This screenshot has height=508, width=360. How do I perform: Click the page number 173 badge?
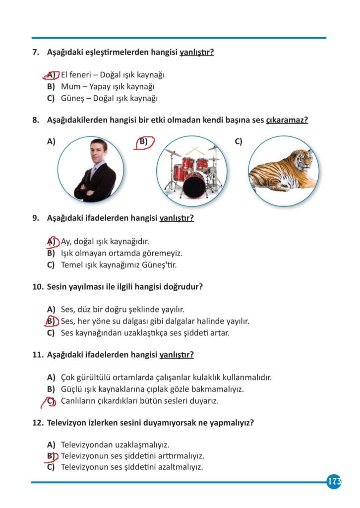tap(334, 481)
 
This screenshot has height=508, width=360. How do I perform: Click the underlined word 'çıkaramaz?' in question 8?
tap(287, 120)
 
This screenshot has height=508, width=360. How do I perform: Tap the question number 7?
tap(35, 52)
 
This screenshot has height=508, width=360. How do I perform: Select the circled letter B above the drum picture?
tap(143, 142)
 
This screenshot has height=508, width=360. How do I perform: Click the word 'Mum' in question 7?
tap(68, 86)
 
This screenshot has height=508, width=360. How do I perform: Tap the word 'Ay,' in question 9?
tap(66, 242)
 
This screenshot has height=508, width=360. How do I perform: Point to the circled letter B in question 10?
tap(51, 321)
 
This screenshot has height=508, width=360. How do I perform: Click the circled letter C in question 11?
tap(51, 401)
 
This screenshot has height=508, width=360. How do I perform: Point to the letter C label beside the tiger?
tap(238, 142)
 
